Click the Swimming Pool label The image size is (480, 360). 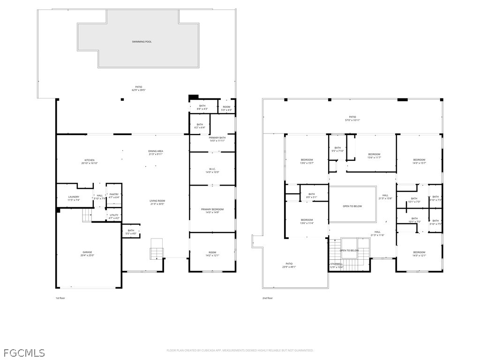pos(142,42)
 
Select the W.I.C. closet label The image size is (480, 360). pos(212,170)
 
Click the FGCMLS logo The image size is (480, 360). pos(24,352)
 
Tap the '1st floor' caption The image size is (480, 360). pos(60,298)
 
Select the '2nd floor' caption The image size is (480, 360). pos(267,298)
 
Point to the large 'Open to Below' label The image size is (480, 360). pos(352,206)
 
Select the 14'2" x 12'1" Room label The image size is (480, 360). pos(212,254)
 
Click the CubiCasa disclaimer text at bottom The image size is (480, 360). pos(240,350)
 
